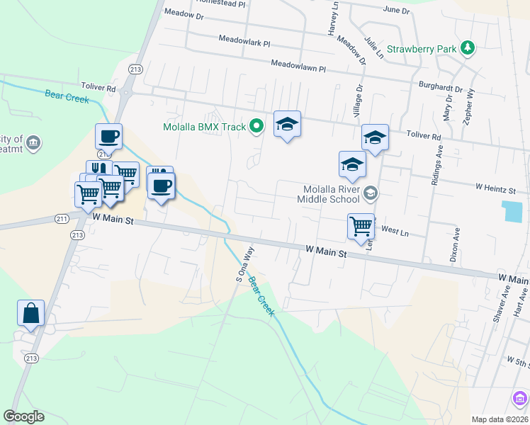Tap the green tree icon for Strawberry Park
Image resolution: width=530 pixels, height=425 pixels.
467,48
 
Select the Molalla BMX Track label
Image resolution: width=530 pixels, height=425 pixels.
204,127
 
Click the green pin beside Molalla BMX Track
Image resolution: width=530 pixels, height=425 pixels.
257,127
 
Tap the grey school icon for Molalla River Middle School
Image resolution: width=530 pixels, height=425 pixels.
370,193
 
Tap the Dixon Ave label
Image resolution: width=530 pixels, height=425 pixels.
456,246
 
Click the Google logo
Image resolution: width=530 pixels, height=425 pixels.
24,416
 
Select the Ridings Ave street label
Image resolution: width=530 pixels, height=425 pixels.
437,167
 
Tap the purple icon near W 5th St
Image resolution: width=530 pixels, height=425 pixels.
521,398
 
